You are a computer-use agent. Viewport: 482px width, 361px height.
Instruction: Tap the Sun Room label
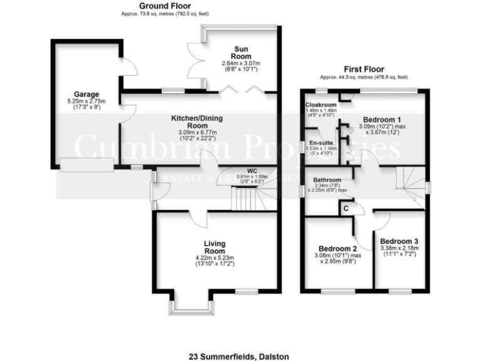click(241, 52)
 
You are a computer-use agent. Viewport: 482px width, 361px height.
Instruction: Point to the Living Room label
click(214, 246)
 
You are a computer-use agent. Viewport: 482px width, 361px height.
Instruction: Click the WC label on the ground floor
click(252, 170)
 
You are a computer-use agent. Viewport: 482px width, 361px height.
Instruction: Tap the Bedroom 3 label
click(399, 241)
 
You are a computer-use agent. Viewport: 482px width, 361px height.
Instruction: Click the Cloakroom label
click(321, 105)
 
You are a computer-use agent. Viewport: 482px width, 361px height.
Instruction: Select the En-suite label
click(320, 143)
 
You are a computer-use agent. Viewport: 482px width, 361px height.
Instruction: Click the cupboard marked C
click(345, 207)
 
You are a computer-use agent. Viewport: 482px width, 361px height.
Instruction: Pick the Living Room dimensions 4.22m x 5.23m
click(214, 256)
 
